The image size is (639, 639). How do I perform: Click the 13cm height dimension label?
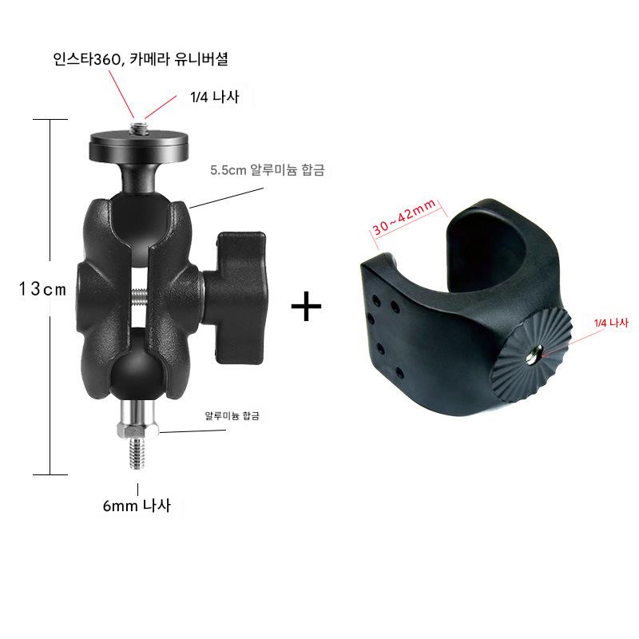[42, 289]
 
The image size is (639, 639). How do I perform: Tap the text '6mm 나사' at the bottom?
[137, 506]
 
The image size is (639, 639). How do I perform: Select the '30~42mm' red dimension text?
[404, 216]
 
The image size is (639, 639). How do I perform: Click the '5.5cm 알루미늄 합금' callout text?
[268, 170]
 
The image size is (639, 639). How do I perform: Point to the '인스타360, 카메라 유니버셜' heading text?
[141, 59]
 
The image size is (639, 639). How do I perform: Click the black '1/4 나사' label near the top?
[214, 97]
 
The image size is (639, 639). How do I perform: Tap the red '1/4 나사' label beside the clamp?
[611, 323]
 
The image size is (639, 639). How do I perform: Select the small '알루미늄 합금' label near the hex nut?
[232, 415]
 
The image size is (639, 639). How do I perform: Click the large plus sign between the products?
[307, 306]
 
